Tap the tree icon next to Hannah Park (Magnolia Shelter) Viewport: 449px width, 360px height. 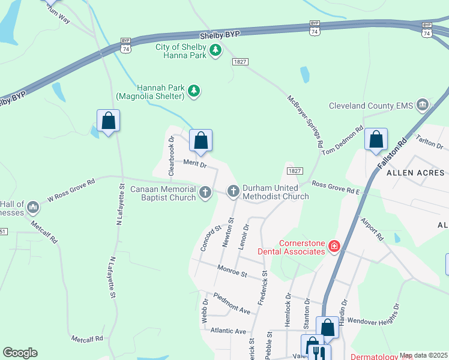(x=193, y=91)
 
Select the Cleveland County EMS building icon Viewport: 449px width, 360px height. (x=423, y=106)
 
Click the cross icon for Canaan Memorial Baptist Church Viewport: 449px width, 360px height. (x=205, y=193)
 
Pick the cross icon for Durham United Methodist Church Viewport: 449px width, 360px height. (x=233, y=191)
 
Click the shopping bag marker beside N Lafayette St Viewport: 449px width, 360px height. (x=108, y=121)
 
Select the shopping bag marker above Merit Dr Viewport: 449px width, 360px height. (x=201, y=141)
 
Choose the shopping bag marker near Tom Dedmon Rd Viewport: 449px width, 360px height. (x=376, y=140)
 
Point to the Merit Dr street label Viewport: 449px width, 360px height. (x=195, y=164)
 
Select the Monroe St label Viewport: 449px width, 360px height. (x=232, y=272)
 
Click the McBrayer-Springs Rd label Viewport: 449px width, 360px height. (x=306, y=122)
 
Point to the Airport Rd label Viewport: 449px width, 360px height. (x=372, y=229)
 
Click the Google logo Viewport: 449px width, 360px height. (x=20, y=353)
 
